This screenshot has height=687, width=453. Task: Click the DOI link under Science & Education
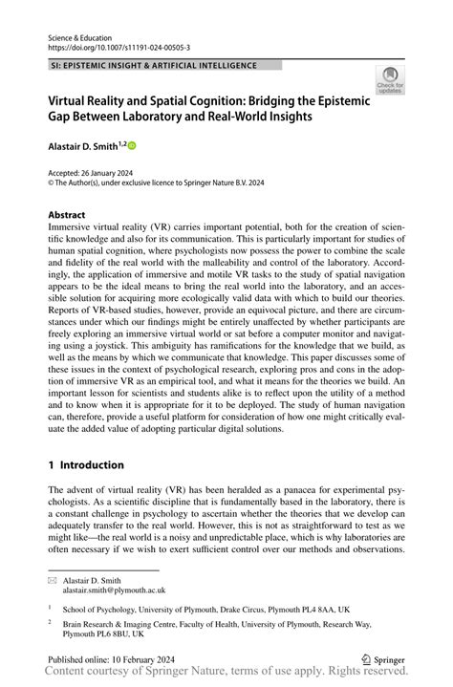point(119,45)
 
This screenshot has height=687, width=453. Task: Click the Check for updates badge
point(389,81)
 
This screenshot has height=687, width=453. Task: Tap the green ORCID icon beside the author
point(132,145)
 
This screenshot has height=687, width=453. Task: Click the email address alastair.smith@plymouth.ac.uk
point(100,590)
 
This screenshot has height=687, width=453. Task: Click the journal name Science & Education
point(82,33)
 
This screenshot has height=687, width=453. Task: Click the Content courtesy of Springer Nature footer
point(226,673)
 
